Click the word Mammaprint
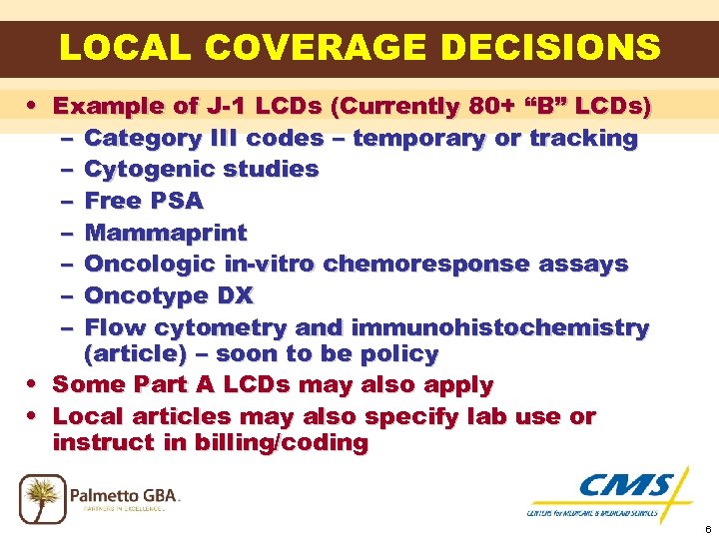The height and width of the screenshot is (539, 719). click(x=166, y=234)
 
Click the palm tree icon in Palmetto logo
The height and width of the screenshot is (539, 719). click(x=42, y=498)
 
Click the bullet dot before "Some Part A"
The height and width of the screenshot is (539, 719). click(x=35, y=384)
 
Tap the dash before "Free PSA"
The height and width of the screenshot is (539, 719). click(x=66, y=202)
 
